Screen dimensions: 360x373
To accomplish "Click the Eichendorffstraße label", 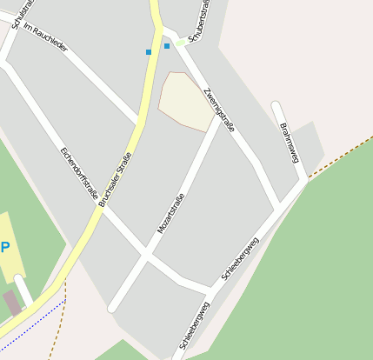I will click(79, 172).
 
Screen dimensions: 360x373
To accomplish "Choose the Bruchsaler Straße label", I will click(116, 179).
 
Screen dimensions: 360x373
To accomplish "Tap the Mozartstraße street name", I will click(171, 213).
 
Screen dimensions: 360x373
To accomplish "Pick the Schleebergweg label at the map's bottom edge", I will click(194, 326).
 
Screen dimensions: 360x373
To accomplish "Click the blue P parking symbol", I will click(5, 247).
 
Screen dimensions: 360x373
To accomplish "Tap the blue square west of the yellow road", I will click(149, 52).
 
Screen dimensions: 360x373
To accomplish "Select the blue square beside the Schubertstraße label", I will click(167, 45).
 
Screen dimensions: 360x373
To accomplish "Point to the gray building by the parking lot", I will click(12, 303).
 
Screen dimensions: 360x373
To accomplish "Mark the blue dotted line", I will click(35, 317).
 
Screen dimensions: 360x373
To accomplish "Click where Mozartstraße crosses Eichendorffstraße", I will click(147, 257).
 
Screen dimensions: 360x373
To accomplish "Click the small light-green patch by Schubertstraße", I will click(181, 41).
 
